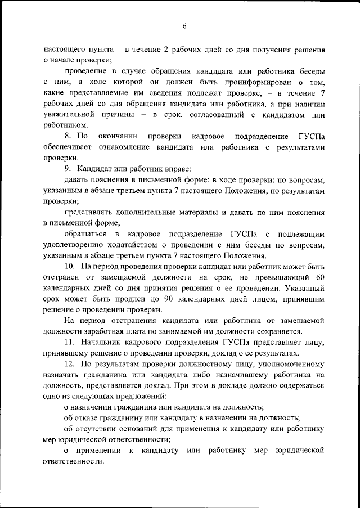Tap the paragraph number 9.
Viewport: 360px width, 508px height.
pos(68,169)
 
